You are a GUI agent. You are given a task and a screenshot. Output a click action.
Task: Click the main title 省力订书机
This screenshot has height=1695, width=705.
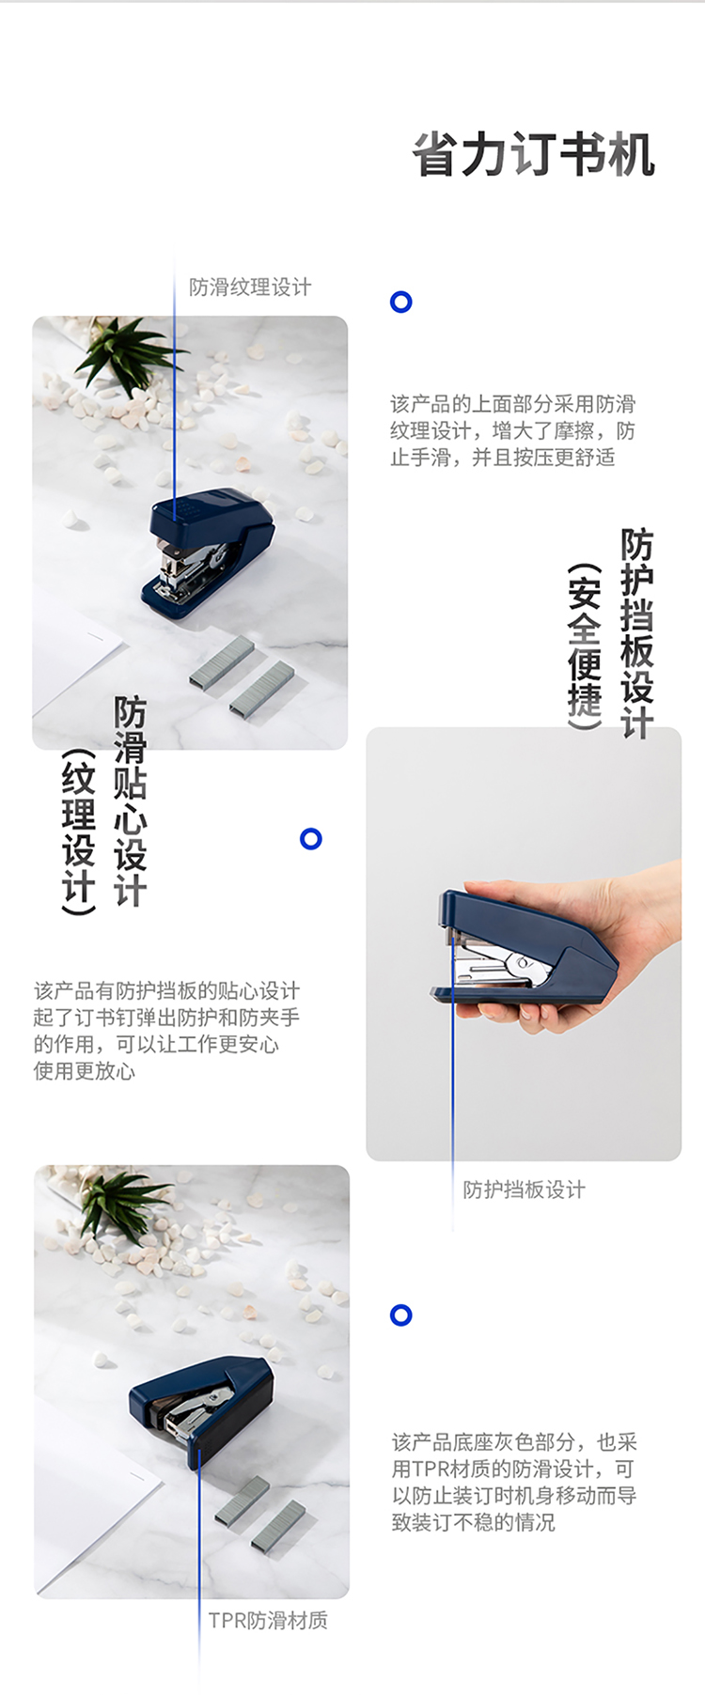(533, 155)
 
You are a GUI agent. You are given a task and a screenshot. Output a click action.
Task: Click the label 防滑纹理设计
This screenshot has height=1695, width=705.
(250, 287)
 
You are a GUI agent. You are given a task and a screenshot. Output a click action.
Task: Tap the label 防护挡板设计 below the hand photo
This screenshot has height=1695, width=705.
(524, 1190)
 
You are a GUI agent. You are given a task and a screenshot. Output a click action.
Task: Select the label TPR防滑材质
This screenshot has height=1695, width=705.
(268, 1620)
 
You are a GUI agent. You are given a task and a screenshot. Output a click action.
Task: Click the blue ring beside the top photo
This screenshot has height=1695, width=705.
(401, 302)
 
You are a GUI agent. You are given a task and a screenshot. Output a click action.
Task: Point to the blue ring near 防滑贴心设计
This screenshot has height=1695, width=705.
(311, 839)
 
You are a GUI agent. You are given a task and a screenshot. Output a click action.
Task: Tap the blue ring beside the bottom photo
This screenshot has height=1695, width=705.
(401, 1314)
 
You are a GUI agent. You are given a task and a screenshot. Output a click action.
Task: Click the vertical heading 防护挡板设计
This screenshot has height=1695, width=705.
(636, 633)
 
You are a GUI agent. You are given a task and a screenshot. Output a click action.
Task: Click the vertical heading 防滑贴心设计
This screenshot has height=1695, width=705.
(130, 801)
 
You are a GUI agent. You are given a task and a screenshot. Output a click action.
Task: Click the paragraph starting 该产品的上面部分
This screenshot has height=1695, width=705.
(512, 430)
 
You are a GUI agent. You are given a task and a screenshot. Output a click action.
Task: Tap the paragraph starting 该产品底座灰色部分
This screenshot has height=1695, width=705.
(514, 1482)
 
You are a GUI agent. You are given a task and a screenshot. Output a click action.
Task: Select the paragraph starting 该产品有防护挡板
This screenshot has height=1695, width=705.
(166, 1031)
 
